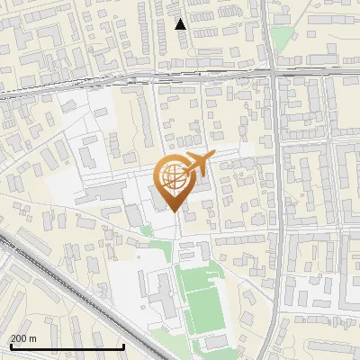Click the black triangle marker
[181, 24]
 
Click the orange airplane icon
[199, 164]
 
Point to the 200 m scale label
[23, 338]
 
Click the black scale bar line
[67, 347]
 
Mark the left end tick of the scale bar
[10, 346]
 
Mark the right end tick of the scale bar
[123, 346]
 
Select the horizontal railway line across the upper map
[135, 79]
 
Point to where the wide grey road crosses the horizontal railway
[275, 76]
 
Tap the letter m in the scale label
[32, 338]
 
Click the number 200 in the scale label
[19, 338]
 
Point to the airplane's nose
[214, 157]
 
